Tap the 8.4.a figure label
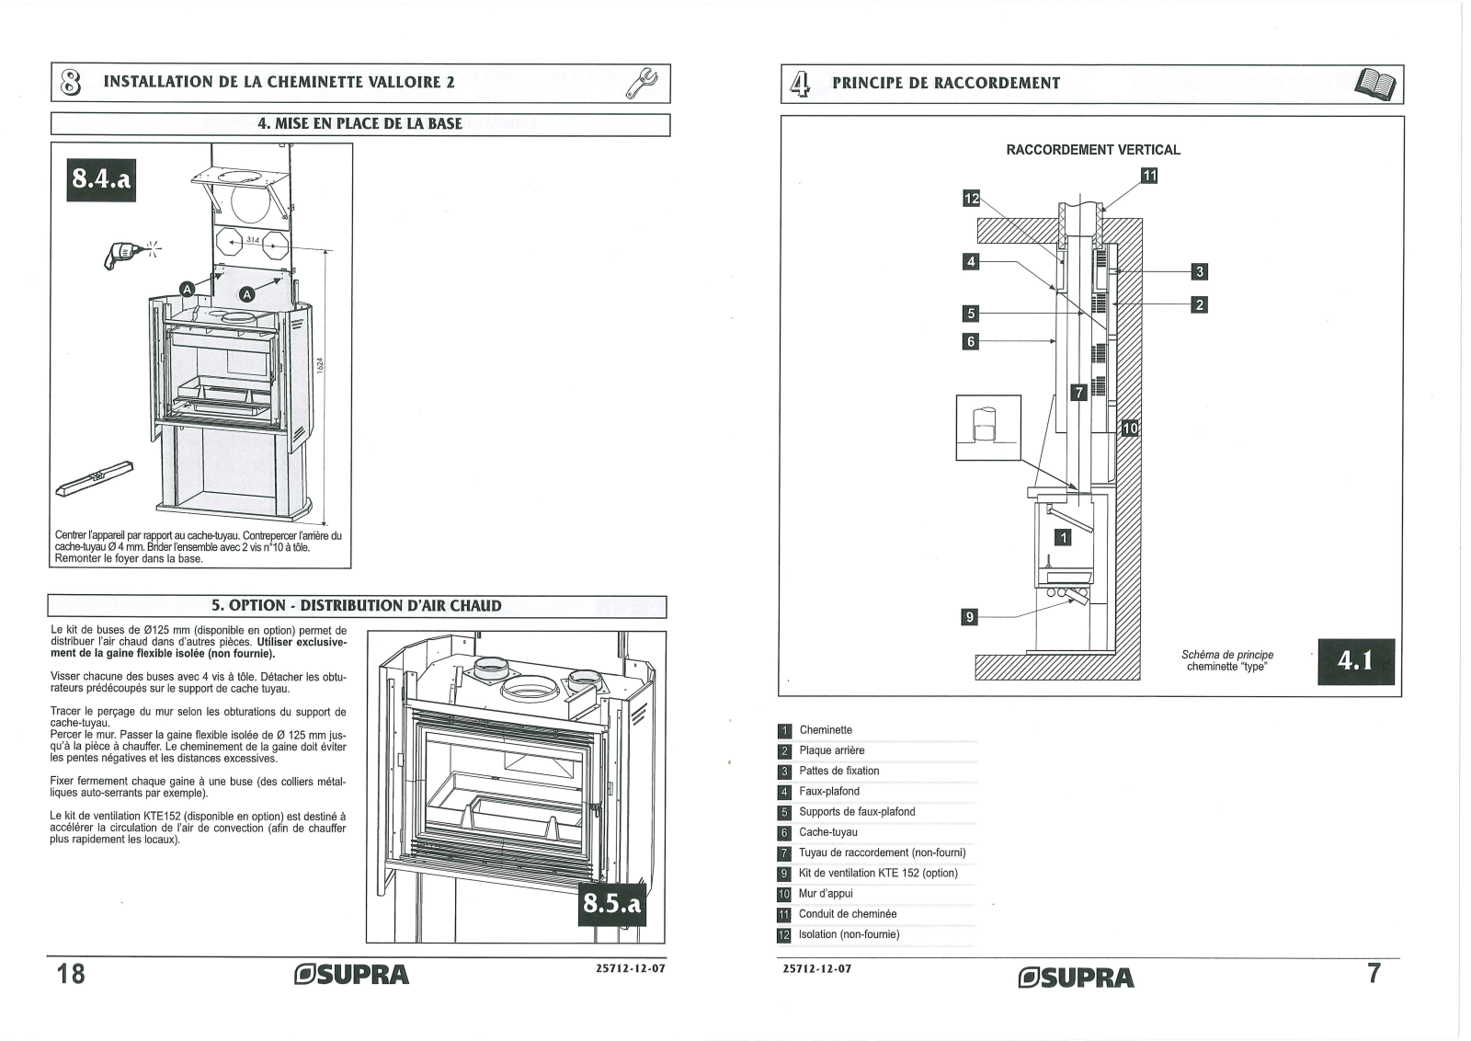(x=102, y=180)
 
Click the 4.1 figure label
(x=1355, y=661)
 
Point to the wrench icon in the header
(x=641, y=83)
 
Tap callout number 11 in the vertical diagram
(x=1149, y=175)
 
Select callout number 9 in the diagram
(x=968, y=617)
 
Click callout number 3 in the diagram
(x=1198, y=271)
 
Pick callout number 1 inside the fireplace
(x=1063, y=538)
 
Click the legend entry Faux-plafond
(x=828, y=792)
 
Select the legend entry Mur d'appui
(x=826, y=894)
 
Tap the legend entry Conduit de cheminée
(x=847, y=914)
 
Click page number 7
(x=1374, y=973)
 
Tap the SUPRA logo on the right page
(x=1077, y=977)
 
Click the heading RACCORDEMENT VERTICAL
(x=1093, y=150)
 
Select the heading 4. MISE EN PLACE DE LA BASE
(x=359, y=123)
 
